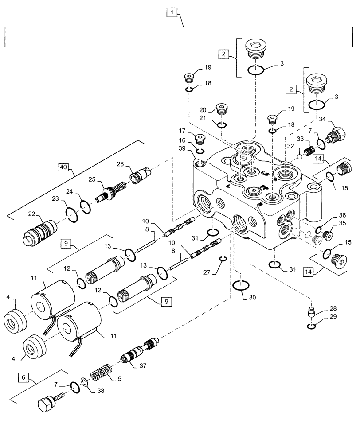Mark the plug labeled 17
(x=200, y=140)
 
